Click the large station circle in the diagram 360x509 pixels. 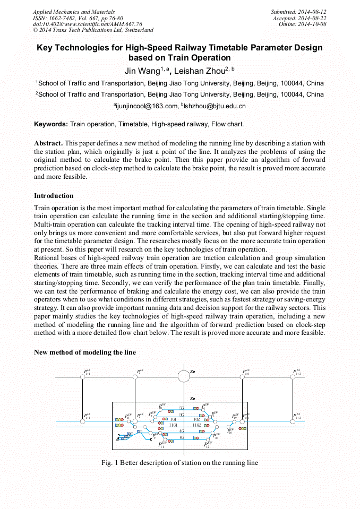pos(183,376)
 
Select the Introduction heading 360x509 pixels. pos(54,196)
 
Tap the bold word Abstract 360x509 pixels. pos(48,143)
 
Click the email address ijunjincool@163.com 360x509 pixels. pos(144,106)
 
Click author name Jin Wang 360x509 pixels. pos(142,70)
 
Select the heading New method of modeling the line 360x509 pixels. pos(85,352)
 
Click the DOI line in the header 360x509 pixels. pos(87,24)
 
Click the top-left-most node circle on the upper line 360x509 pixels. pos(82,377)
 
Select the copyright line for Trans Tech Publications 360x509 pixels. pos(93,30)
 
